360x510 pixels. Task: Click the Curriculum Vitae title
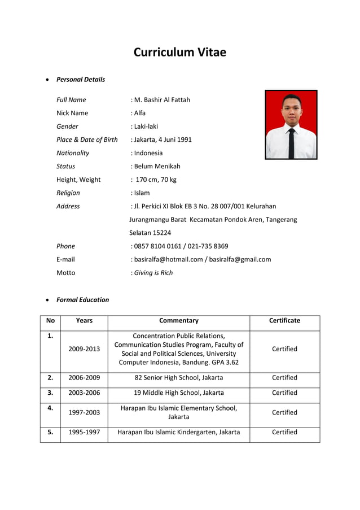(x=179, y=53)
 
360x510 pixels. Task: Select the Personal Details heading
(x=81, y=80)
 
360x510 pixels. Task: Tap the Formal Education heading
(x=82, y=300)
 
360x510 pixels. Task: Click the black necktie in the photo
(x=291, y=142)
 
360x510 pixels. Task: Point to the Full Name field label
(x=71, y=100)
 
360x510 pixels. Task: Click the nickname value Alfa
(x=139, y=113)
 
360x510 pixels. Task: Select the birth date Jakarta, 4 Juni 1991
(x=162, y=140)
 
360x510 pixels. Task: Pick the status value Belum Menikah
(x=156, y=166)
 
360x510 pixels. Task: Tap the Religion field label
(x=68, y=193)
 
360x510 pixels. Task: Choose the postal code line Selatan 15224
(x=150, y=233)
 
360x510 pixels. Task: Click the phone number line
(x=180, y=246)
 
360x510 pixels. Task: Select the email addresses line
(x=201, y=259)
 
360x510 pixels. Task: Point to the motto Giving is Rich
(x=152, y=273)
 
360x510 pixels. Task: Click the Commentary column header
(x=178, y=321)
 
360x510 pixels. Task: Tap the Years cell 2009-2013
(x=84, y=349)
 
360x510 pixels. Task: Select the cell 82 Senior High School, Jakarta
(x=178, y=378)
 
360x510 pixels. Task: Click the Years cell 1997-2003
(x=84, y=412)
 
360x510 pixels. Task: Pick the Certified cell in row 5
(x=284, y=432)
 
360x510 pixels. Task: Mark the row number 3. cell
(x=50, y=393)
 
